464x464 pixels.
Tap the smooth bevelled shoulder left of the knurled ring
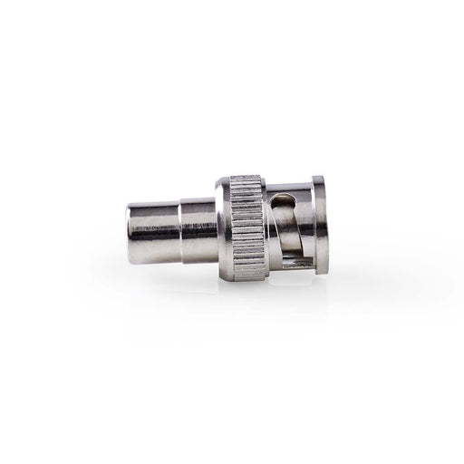tap(218, 231)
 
